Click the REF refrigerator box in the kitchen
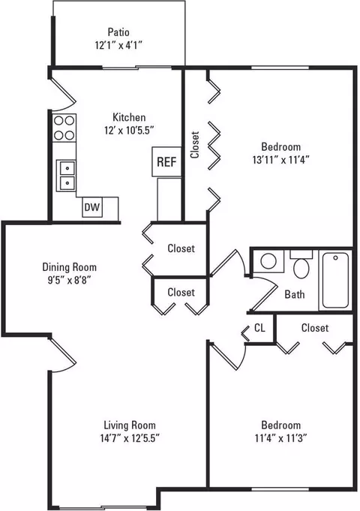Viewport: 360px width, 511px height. [166, 161]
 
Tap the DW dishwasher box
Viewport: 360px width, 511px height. [92, 207]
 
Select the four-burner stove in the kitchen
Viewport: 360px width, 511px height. [64, 128]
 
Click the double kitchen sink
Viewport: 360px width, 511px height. [66, 176]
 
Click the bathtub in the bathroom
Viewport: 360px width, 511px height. [335, 281]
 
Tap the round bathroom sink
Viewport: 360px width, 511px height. [268, 261]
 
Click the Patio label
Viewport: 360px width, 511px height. [118, 32]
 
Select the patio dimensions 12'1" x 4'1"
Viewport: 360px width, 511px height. [119, 45]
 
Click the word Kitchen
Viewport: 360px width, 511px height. [129, 117]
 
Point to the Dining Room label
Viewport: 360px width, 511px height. [70, 267]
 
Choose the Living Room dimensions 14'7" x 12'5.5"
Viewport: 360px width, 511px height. [130, 438]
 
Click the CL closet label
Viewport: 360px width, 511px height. [259, 328]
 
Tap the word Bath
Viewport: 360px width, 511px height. [295, 294]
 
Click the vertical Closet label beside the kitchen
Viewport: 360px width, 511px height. [195, 145]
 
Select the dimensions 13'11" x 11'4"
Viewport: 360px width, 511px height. [280, 160]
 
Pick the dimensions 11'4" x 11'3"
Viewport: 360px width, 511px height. [280, 438]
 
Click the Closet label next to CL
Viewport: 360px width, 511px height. [315, 327]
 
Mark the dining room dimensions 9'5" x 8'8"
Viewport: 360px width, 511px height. [70, 280]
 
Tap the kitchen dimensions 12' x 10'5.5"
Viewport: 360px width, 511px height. [129, 131]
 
